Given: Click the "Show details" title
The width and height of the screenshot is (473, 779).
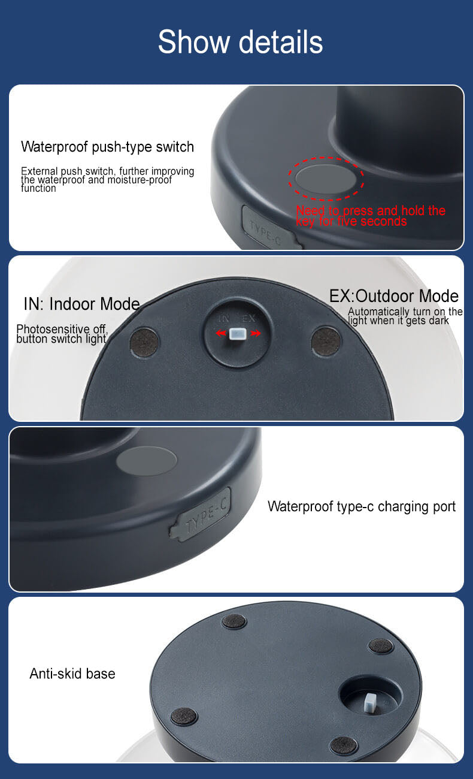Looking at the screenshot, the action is click(241, 42).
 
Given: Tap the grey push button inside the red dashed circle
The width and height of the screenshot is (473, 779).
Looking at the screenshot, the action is click(326, 179).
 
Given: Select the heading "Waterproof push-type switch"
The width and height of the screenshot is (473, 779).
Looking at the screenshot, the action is click(107, 147).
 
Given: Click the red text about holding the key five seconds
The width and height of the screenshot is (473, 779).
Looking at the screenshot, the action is click(371, 216).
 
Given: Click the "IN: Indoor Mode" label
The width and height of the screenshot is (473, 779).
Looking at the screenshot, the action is click(81, 304).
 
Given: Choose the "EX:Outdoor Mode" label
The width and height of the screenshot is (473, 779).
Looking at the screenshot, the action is click(394, 296).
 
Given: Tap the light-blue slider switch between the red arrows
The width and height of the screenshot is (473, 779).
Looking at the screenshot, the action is click(238, 334).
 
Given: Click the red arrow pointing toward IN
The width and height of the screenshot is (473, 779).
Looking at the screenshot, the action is click(221, 334).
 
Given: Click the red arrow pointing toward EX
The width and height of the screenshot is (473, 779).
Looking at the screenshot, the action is click(256, 334).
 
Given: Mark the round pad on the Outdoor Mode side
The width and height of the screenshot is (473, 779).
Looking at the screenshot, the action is click(326, 341).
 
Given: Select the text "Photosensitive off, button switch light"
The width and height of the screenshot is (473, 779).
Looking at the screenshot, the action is click(62, 334).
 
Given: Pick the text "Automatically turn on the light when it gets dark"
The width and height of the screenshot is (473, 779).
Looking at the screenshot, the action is click(405, 316).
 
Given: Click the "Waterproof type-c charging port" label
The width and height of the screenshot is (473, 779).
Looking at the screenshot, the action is click(362, 507).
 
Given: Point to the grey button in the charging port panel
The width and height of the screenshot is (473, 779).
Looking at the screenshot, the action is click(146, 461).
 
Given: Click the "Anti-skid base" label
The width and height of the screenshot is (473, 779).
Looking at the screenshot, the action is click(72, 674).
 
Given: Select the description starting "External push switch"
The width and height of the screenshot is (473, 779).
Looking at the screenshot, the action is click(107, 179).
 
